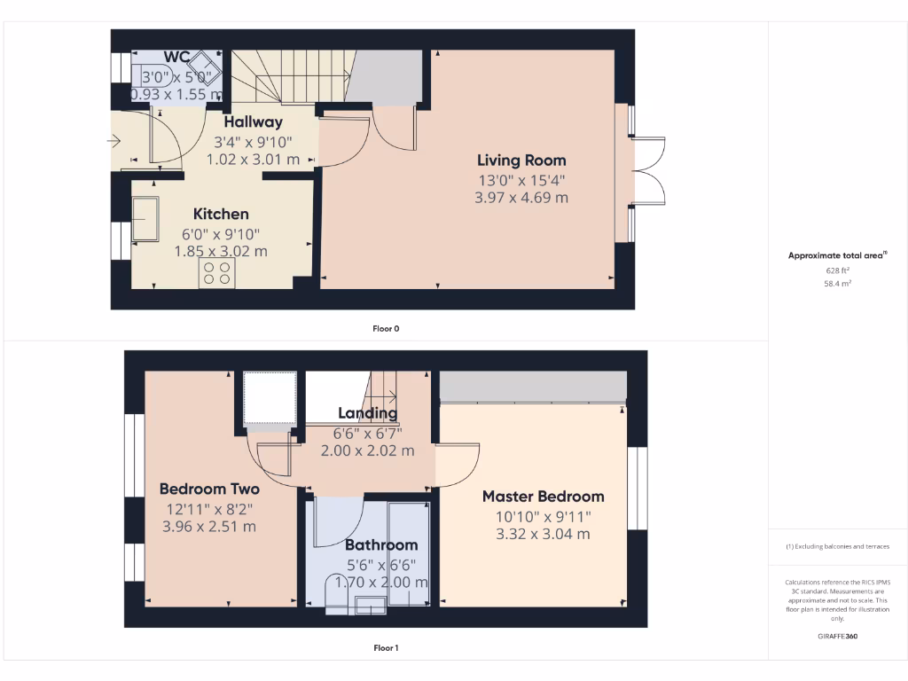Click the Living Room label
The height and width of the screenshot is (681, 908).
coord(521,160)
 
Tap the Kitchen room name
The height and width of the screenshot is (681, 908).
coord(221,214)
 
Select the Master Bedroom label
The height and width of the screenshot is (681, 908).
coord(543,497)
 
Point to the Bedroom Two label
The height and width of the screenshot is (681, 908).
coord(209,489)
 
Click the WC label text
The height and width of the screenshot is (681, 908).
coord(176,58)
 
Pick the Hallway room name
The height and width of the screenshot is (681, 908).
coord(253,122)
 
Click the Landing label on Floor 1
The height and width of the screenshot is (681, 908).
coord(367,413)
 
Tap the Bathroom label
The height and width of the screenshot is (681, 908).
coord(380,544)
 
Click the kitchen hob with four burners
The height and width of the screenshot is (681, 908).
coord(217,274)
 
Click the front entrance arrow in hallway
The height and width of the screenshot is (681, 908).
coord(114,140)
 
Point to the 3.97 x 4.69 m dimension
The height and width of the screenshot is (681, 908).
coord(521,198)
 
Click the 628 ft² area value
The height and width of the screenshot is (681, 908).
coord(837,270)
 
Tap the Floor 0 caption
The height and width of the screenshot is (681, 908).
coord(386,328)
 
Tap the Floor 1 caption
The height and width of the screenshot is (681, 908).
coord(386,648)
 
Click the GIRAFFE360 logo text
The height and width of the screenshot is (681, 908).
coord(837,636)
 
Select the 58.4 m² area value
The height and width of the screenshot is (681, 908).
coord(837,284)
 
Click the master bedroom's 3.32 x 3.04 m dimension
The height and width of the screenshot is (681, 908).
coord(543,534)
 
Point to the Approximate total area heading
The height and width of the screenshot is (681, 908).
coord(836,255)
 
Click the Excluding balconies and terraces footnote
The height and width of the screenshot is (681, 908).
coord(837,546)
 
